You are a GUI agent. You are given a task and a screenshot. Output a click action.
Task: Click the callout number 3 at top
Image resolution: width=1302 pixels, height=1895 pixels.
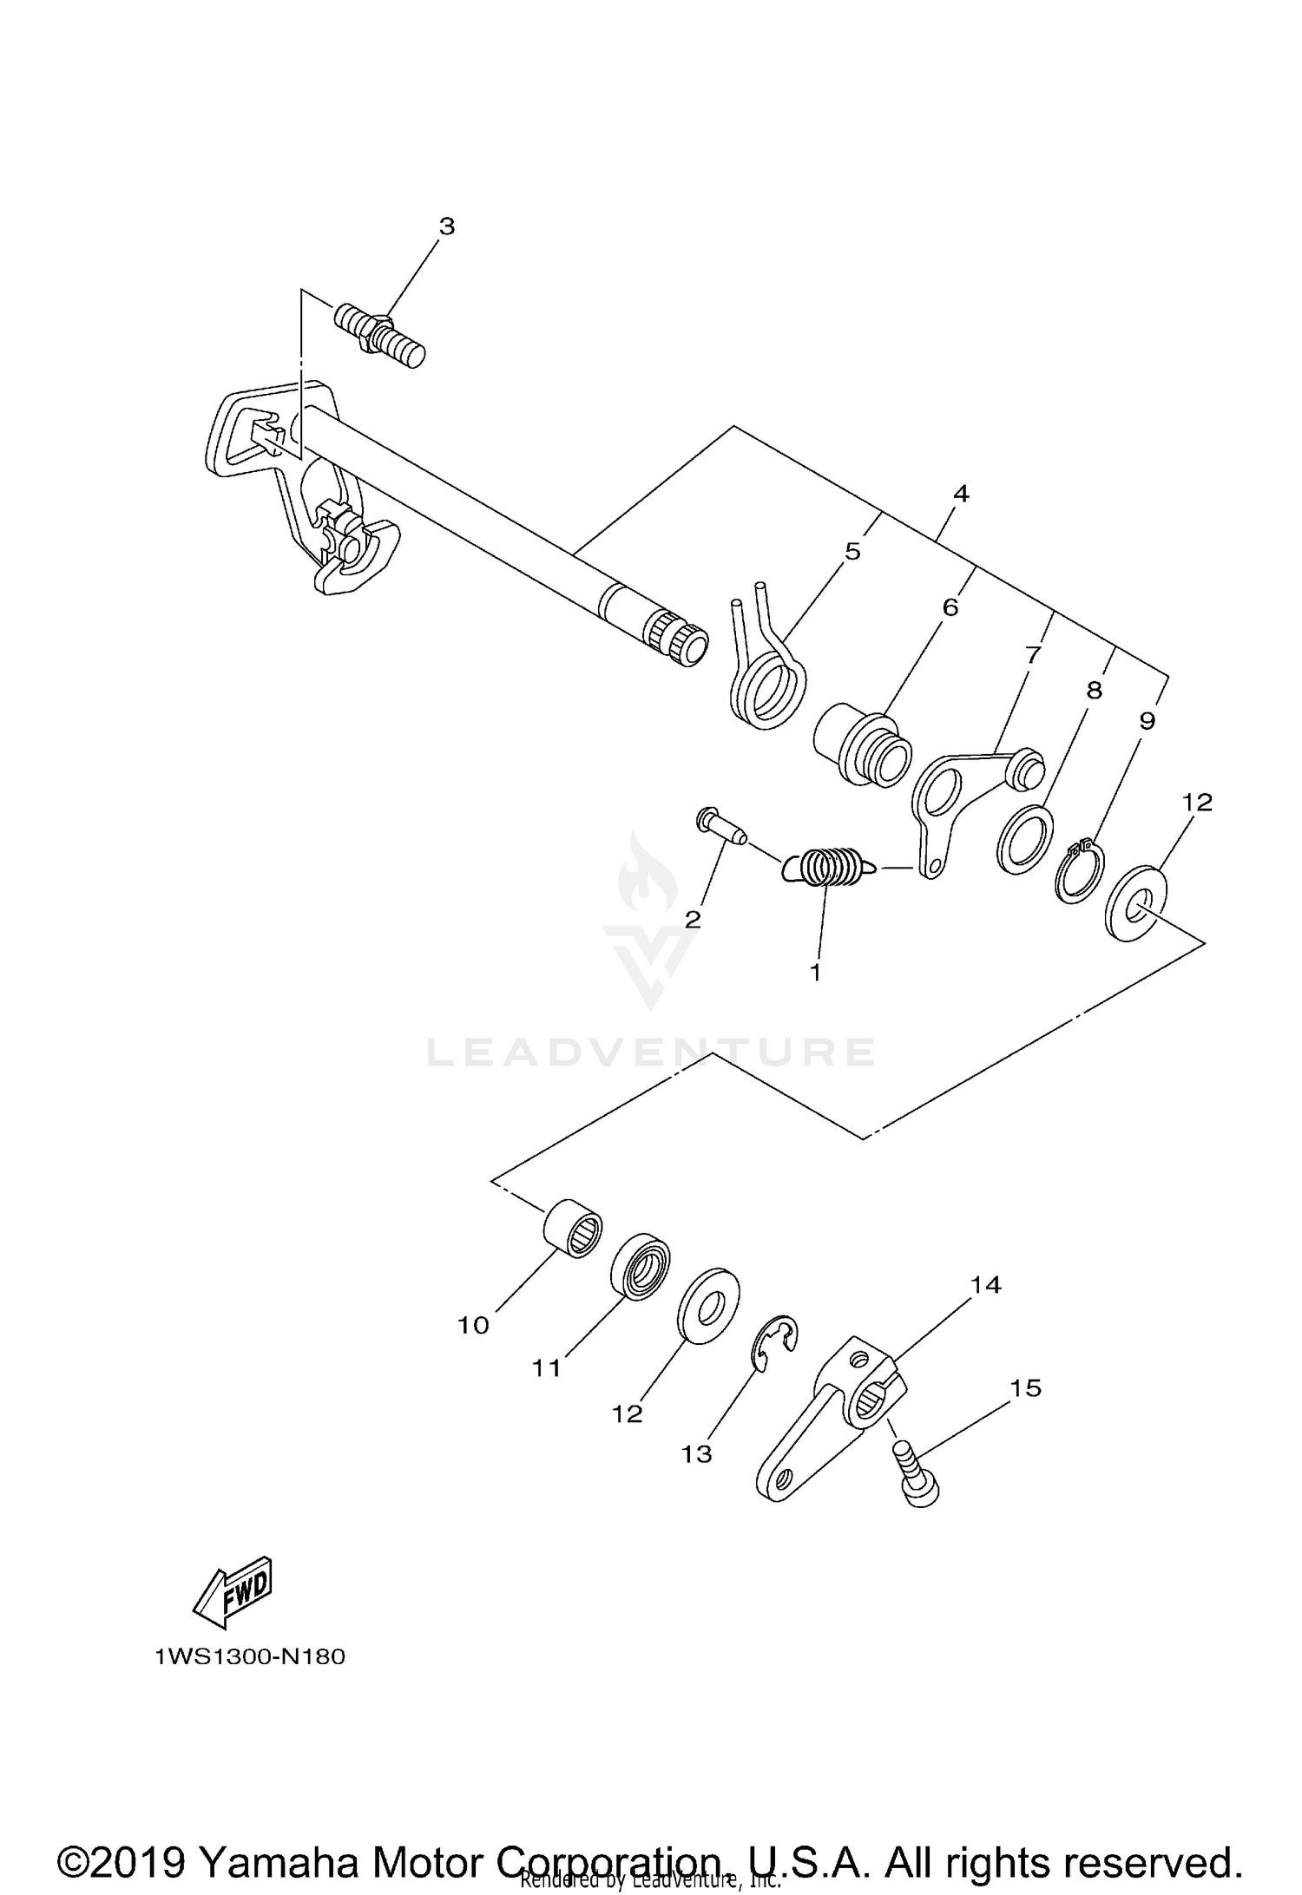446,227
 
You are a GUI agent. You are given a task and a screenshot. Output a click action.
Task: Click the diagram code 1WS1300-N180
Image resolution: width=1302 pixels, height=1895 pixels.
250,1658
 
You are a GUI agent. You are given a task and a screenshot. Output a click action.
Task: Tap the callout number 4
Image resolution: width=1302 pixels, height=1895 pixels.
960,494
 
